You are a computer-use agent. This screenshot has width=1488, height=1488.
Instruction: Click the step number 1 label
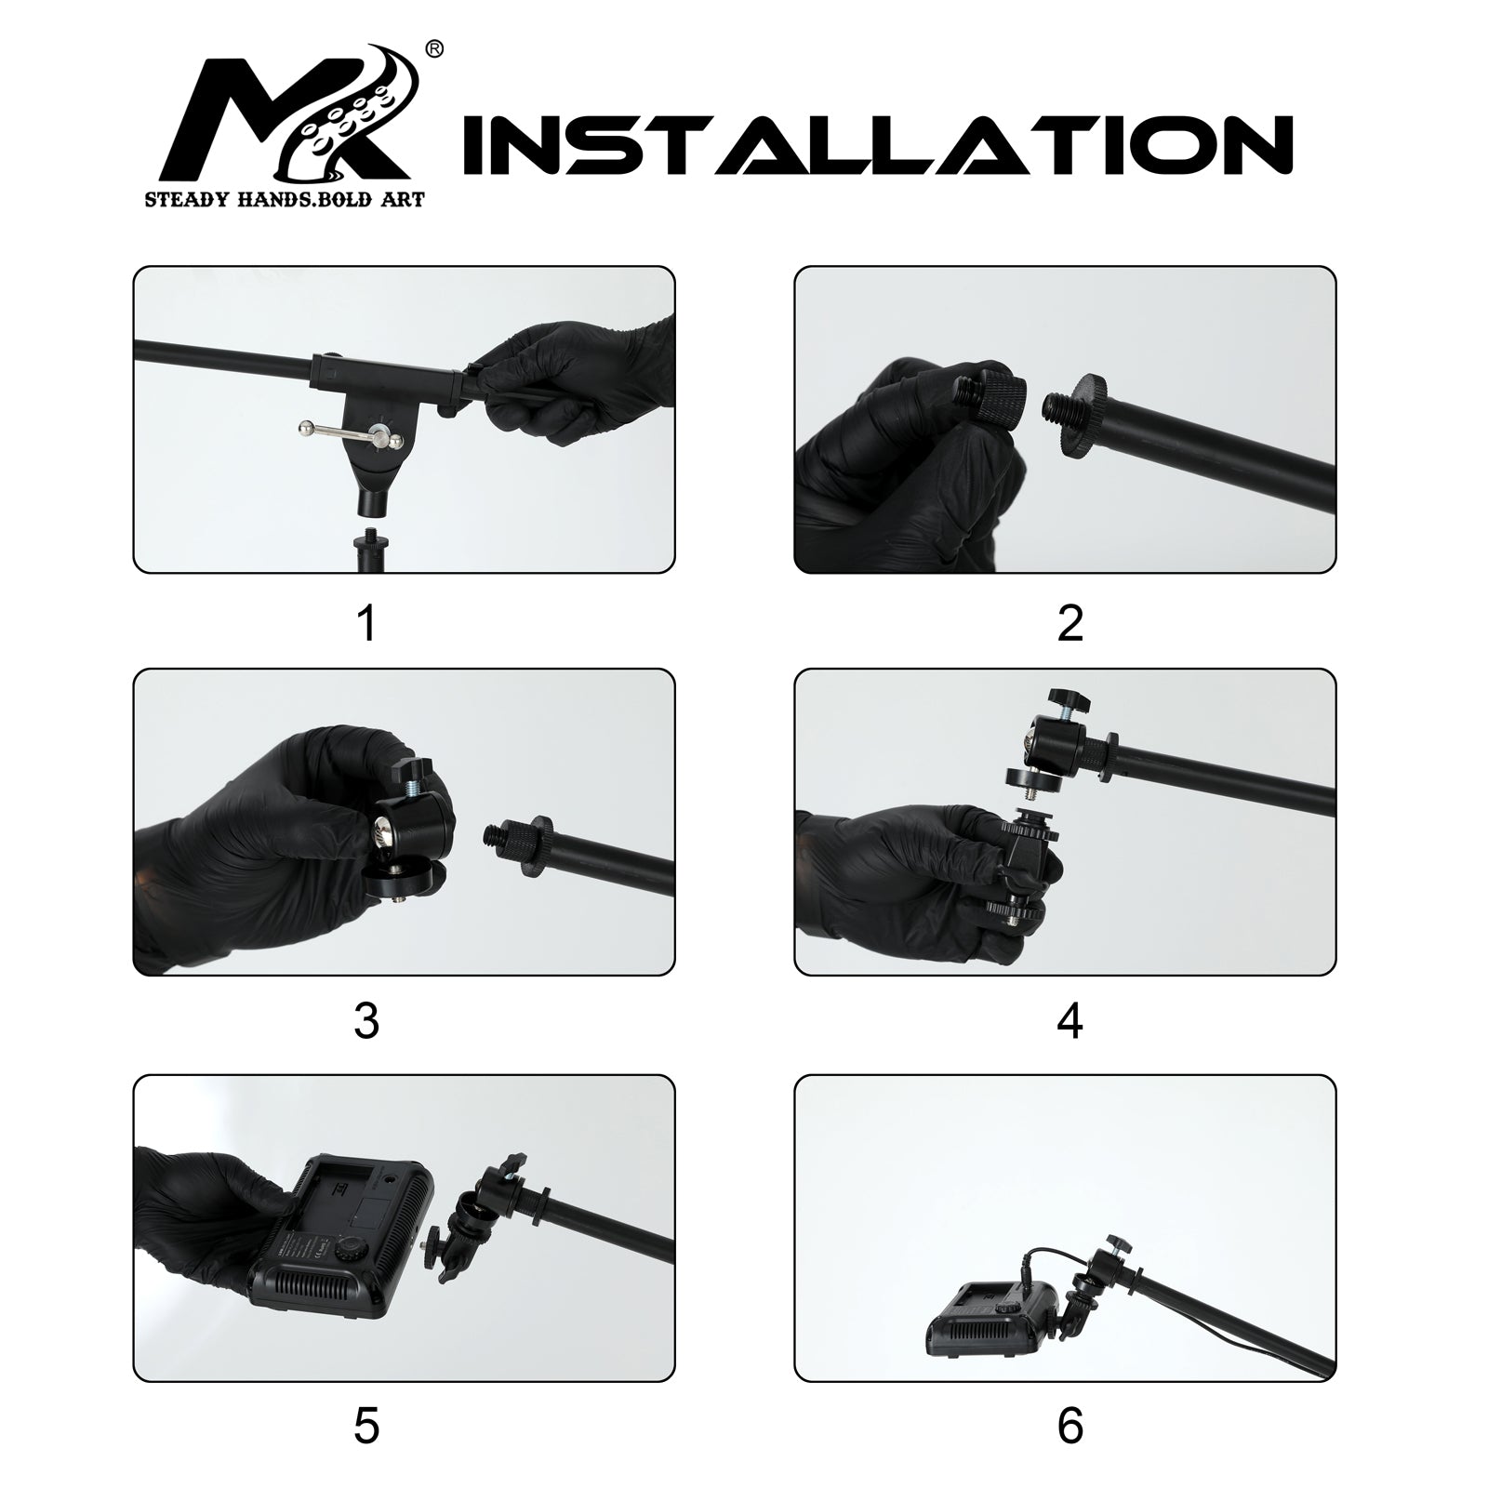tap(367, 623)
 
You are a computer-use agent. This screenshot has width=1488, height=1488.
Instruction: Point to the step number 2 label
tap(1070, 623)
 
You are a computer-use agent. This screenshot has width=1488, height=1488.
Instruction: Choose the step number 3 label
tap(367, 1021)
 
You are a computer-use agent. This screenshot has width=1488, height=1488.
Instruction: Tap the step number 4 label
tap(1070, 1021)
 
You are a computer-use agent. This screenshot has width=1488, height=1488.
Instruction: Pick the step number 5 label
tap(367, 1425)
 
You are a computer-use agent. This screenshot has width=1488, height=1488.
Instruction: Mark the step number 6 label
tap(1070, 1425)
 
